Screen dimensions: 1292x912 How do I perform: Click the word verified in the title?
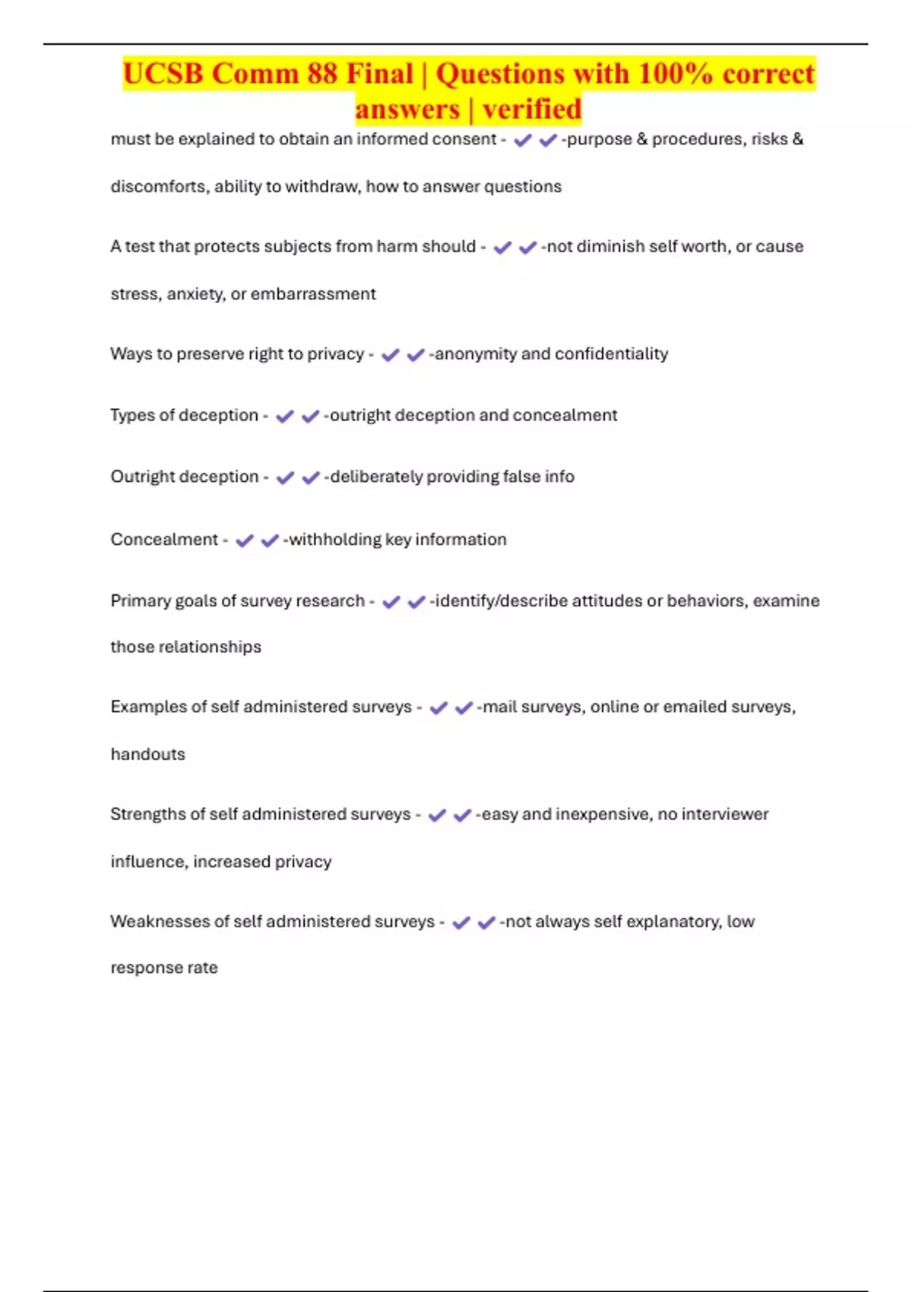point(532,109)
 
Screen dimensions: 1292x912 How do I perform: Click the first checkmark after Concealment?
point(244,540)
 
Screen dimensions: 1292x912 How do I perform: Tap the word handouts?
point(147,754)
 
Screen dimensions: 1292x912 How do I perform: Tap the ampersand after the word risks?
point(797,140)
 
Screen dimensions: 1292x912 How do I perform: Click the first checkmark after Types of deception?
point(284,416)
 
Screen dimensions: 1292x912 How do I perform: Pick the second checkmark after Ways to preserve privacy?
point(416,355)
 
